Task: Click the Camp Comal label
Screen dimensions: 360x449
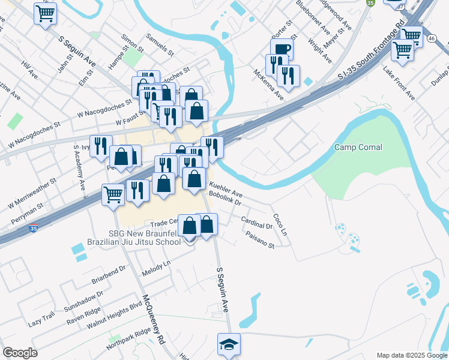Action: (358, 147)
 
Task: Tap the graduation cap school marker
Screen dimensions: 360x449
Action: (229, 344)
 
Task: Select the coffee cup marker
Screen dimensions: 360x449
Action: (282, 49)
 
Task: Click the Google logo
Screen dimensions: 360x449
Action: (19, 353)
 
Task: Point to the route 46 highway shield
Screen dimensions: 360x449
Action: (432, 38)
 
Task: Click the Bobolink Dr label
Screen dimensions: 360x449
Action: (224, 199)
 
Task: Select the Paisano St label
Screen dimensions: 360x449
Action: (260, 241)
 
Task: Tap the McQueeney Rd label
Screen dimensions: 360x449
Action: (152, 319)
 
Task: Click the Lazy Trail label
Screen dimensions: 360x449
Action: (41, 319)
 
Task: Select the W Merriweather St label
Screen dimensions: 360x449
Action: (31, 193)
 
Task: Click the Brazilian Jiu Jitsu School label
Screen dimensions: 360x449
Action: (134, 242)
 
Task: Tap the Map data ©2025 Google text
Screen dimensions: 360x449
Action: (411, 355)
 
